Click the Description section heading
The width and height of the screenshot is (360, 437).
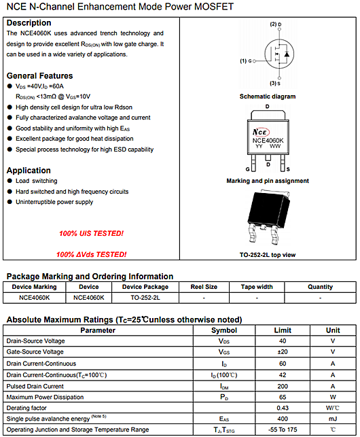point(29,23)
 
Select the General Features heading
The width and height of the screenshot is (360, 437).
point(39,75)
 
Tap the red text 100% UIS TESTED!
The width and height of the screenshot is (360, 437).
point(91,233)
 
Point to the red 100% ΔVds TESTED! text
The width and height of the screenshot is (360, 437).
point(91,254)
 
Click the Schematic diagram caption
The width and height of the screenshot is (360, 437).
point(268,97)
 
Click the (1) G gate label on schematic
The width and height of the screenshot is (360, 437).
point(246,61)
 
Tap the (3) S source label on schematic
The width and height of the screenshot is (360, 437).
point(275,84)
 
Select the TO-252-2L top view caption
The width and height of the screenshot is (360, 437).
point(268,254)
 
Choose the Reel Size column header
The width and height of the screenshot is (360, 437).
point(204,287)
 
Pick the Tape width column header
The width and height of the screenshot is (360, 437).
point(256,287)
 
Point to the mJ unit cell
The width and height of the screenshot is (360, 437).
point(333,419)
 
